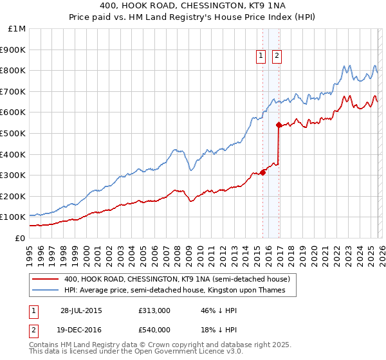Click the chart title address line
193,5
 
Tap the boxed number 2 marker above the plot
277,57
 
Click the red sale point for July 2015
262,172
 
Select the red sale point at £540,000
279,125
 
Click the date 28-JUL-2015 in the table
81,310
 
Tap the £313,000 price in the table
154,310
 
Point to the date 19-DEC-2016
81,329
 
